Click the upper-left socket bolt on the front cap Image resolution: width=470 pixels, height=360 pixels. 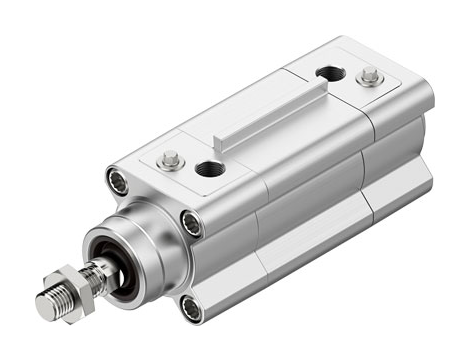click(x=116, y=182)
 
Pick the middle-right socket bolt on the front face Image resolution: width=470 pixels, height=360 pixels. click(x=191, y=222)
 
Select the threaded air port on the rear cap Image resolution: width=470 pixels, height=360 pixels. click(x=326, y=73)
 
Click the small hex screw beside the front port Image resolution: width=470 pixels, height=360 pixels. click(x=171, y=158)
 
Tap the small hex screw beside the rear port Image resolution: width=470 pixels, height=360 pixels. click(x=371, y=76)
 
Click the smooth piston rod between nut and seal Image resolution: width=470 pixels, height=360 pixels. click(x=95, y=268)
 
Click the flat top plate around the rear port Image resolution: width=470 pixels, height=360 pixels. click(x=345, y=85)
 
